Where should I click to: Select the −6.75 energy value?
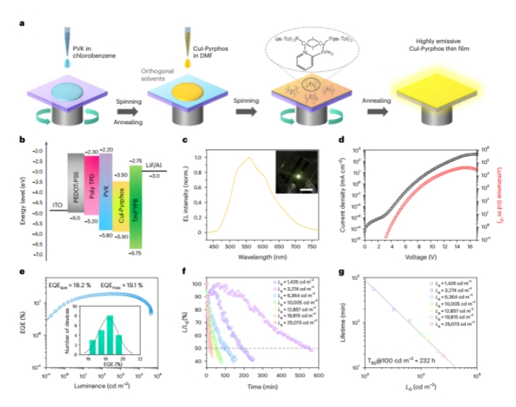pos(136,254)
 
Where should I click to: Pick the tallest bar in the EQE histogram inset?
pos(110,337)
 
